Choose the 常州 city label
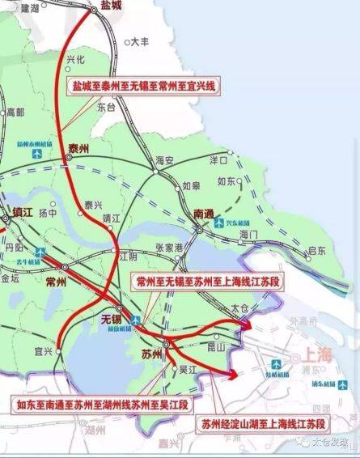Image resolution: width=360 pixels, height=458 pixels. [56, 281]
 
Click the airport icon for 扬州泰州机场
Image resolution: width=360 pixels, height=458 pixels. [37, 154]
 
